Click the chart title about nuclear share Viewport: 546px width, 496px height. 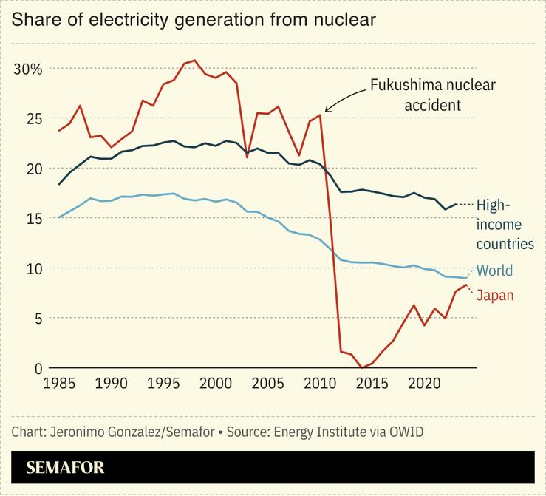coord(194,20)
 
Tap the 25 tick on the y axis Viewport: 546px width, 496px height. coord(33,118)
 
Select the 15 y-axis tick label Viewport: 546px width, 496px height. coord(33,218)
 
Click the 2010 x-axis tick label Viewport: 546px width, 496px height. coord(320,384)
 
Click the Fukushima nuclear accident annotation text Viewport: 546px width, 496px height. coord(432,95)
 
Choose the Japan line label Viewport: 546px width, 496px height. coord(494,296)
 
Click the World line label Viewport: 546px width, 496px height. coord(494,271)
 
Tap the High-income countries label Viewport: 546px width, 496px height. coord(505,225)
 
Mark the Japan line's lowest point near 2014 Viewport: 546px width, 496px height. coord(361,367)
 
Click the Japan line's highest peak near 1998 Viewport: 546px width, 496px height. coord(194,61)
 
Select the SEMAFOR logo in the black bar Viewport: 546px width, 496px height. coord(65,467)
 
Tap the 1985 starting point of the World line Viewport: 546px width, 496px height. coord(59,217)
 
